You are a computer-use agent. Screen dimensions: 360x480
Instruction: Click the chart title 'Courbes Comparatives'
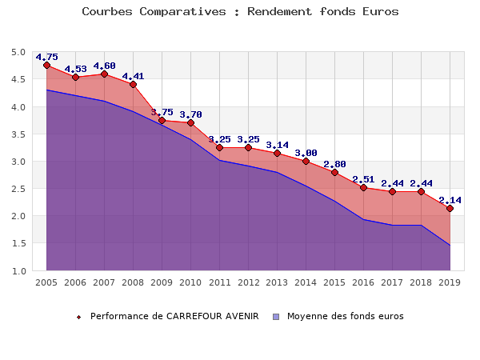coord(240,12)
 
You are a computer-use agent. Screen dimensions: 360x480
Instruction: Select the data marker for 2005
coord(46,66)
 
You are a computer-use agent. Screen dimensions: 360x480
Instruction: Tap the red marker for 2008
coord(133,84)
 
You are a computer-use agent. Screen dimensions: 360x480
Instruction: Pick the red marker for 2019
coord(450,208)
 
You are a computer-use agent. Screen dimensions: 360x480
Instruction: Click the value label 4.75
coord(46,57)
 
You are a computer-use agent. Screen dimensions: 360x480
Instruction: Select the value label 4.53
coord(75,69)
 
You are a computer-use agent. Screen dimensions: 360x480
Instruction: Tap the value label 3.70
coord(190,114)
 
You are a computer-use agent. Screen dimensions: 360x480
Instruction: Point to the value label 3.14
coord(277,145)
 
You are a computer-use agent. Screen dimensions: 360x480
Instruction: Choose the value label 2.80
coord(334,164)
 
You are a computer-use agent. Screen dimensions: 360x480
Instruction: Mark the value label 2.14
coord(450,200)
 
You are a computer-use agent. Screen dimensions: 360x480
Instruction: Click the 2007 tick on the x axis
coord(104,282)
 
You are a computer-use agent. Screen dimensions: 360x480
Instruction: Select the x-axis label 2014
coord(306,282)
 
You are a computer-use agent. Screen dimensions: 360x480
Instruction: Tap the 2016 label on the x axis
coord(363,282)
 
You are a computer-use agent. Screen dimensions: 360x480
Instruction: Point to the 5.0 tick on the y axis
coord(18,53)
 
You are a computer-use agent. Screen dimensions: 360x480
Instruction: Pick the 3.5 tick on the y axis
coord(18,134)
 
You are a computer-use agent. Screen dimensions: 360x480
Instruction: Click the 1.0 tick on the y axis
coord(18,271)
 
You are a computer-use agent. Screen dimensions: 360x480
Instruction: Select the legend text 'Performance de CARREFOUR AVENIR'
coord(174,316)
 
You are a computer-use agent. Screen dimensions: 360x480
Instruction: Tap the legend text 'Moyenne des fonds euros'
coord(346,316)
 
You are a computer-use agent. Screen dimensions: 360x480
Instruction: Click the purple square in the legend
coord(276,317)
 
